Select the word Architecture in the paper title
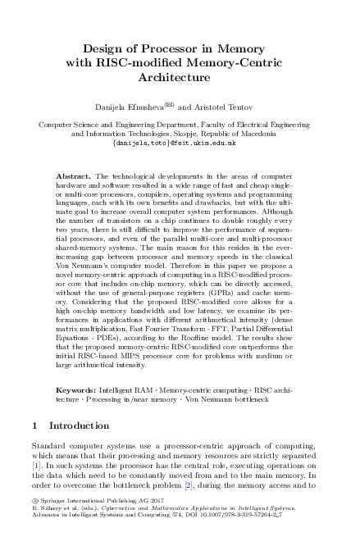tap(180, 77)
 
